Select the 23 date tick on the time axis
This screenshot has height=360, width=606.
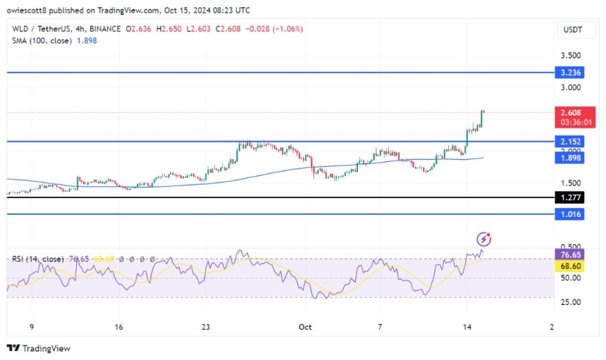(x=206, y=327)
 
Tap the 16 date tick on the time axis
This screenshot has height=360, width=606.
(x=118, y=327)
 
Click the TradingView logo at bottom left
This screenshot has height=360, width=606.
(x=38, y=348)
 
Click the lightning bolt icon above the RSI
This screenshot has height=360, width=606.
(x=483, y=239)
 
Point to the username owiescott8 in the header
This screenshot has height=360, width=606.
(x=50, y=11)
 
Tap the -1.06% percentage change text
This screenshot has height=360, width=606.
(x=285, y=28)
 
